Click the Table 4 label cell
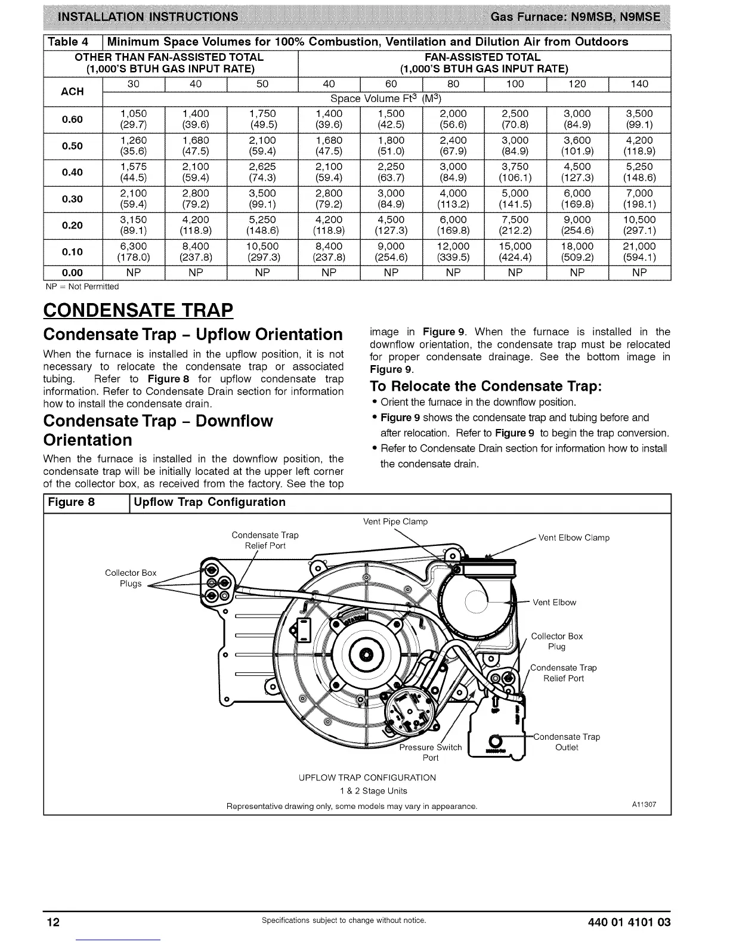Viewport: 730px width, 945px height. point(73,42)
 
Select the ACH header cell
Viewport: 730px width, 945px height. point(73,91)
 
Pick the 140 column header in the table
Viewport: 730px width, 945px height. point(639,84)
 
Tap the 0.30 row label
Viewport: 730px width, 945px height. point(73,199)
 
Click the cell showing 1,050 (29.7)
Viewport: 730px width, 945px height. point(134,119)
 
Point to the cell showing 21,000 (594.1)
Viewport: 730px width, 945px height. point(639,252)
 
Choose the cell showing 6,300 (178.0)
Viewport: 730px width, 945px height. point(134,252)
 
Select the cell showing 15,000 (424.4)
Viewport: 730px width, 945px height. point(515,252)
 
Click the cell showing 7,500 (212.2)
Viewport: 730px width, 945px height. point(515,225)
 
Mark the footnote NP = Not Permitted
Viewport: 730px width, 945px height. point(82,287)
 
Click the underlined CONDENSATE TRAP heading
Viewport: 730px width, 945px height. point(138,310)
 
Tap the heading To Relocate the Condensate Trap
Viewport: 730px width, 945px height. point(485,385)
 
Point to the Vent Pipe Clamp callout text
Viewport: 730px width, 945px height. point(395,521)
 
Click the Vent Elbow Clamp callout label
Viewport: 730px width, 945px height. point(574,538)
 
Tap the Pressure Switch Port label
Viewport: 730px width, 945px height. point(431,752)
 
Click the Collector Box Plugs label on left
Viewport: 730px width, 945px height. point(131,578)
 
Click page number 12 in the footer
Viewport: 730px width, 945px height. point(54,922)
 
